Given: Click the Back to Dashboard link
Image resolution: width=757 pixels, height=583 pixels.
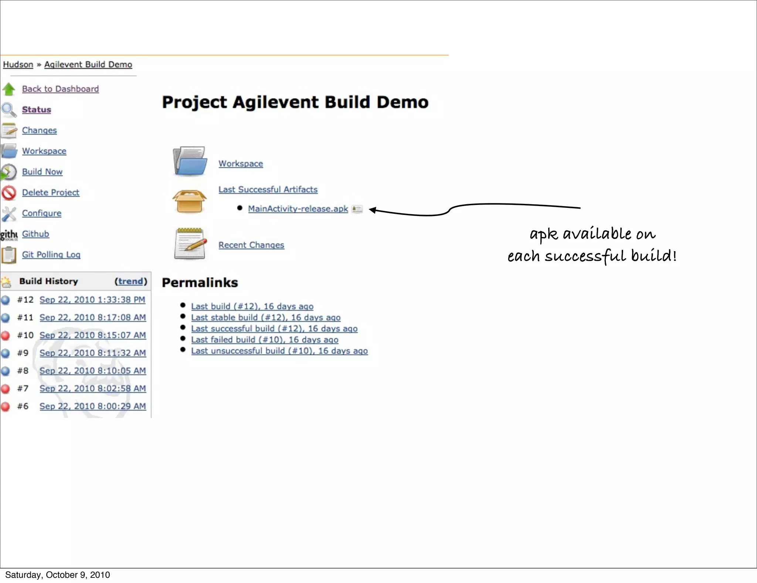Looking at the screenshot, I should click(x=60, y=89).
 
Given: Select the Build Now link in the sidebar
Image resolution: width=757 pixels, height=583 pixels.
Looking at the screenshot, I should click(x=42, y=172).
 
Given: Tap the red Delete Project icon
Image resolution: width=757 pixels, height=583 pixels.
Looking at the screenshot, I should click(x=9, y=193).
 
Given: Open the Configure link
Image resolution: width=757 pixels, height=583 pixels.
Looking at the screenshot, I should click(x=41, y=213).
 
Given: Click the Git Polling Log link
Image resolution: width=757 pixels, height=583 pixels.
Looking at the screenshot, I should click(x=51, y=255).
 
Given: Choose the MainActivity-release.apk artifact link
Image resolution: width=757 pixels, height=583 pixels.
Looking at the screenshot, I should click(x=298, y=209).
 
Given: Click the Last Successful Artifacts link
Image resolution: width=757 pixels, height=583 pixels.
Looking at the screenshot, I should click(x=268, y=189).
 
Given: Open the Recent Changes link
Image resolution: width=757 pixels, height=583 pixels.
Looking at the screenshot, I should click(x=251, y=245).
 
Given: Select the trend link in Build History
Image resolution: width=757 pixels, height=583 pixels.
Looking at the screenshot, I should click(x=130, y=281).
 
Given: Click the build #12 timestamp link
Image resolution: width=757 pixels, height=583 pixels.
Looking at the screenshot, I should click(x=92, y=300).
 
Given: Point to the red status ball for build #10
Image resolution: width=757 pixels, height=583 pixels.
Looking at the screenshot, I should click(x=5, y=336).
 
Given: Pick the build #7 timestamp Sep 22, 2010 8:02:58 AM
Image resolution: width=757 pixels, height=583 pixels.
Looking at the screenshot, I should click(x=92, y=388).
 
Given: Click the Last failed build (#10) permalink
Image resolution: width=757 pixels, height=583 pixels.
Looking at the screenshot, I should click(x=264, y=340).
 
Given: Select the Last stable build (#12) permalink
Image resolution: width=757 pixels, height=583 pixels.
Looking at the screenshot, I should click(x=265, y=317).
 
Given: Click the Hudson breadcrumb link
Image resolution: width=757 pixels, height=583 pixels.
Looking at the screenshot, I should click(x=18, y=64).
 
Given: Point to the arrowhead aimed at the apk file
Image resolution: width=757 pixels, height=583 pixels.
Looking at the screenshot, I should click(x=372, y=210).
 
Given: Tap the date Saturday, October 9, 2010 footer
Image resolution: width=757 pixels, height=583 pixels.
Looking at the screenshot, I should click(x=57, y=575).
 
